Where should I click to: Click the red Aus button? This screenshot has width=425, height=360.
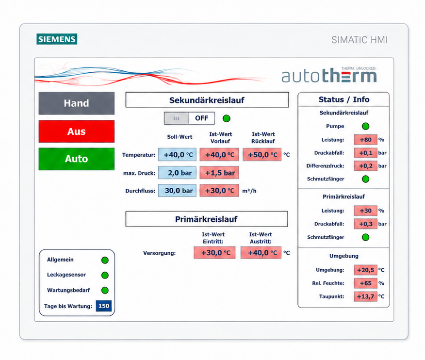(77, 131)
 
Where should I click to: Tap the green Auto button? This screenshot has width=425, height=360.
(77, 159)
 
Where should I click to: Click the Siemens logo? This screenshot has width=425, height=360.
(57, 39)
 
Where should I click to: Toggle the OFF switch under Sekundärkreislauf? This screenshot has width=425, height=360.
(189, 118)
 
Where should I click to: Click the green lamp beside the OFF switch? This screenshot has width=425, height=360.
(226, 118)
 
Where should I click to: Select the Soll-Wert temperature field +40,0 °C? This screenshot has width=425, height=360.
(177, 155)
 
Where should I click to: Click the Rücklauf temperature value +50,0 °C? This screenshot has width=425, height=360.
(262, 155)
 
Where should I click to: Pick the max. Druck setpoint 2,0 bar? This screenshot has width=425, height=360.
(177, 173)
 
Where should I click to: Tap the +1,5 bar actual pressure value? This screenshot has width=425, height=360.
(219, 173)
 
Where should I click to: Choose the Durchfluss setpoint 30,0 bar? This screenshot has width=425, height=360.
(177, 191)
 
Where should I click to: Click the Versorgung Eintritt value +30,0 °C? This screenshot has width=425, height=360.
(214, 253)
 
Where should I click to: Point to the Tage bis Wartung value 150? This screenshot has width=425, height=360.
(104, 306)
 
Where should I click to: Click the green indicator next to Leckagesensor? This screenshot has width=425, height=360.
(105, 276)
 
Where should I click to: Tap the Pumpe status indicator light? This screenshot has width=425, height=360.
(366, 126)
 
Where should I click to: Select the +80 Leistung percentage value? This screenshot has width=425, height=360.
(366, 140)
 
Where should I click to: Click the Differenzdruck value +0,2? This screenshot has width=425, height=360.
(366, 166)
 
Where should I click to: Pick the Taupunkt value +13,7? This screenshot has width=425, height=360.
(366, 296)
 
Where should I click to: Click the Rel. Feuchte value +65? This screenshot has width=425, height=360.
(366, 283)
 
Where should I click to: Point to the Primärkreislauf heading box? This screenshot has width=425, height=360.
(207, 219)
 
